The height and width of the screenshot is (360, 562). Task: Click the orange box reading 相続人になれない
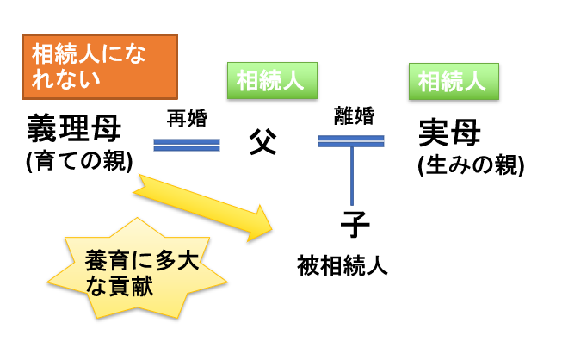[x=100, y=66]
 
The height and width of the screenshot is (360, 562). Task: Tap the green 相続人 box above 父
[x=273, y=80]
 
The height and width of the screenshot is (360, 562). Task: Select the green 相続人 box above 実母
[x=454, y=82]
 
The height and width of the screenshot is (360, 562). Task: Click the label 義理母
[x=74, y=128]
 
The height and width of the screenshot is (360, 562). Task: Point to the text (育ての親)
[x=79, y=161]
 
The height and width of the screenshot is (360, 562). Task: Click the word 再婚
[x=187, y=119]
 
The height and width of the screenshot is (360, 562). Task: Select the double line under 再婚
[x=187, y=145]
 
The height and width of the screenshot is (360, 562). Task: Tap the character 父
[x=262, y=141]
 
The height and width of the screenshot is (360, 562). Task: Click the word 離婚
[x=354, y=115]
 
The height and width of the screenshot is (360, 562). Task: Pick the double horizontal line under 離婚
[x=351, y=141]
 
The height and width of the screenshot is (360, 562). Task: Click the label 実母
[x=449, y=133]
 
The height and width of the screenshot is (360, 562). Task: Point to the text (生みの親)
[x=471, y=165]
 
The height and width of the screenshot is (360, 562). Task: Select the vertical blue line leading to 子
[x=352, y=176]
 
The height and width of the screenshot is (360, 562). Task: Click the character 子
[x=355, y=224]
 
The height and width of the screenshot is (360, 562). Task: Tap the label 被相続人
[x=343, y=266]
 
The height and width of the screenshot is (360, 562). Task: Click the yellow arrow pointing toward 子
[x=203, y=208]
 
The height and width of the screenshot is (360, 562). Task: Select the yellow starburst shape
[x=138, y=268]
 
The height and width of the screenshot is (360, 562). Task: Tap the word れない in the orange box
[x=66, y=78]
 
